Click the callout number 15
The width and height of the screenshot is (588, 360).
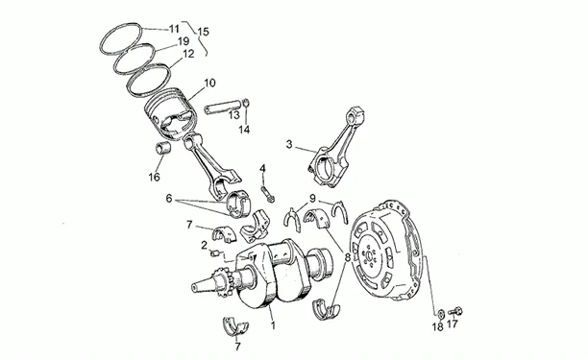(203, 32)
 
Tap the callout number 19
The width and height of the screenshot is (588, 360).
(183, 41)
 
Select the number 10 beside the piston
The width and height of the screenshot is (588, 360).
(210, 83)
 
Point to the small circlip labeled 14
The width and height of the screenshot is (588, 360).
(246, 103)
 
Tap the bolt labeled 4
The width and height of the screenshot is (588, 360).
(268, 193)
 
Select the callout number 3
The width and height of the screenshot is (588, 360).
(289, 144)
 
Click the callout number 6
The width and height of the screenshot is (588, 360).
(169, 198)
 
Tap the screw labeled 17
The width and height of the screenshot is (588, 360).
(455, 311)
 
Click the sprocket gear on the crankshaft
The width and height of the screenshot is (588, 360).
(222, 283)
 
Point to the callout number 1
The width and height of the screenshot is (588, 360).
(273, 325)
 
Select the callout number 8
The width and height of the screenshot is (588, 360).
(347, 257)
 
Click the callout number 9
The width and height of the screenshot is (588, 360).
(312, 198)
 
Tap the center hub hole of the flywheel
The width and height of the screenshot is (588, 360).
(369, 256)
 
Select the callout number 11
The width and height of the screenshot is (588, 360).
(174, 29)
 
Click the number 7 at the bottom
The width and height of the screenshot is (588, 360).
(237, 347)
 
